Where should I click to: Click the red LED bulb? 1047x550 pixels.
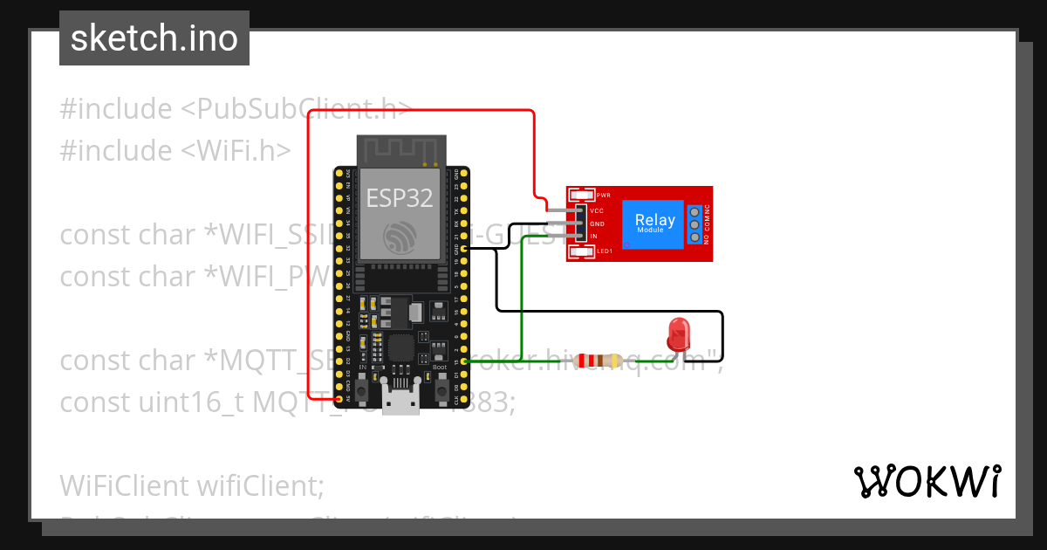tap(678, 333)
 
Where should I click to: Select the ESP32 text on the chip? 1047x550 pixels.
tap(400, 198)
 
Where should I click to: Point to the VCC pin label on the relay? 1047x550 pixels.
tap(597, 210)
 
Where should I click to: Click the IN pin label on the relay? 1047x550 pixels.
tap(593, 237)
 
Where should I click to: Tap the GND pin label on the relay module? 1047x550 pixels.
tap(597, 223)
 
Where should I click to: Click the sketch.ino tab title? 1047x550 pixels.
tap(154, 38)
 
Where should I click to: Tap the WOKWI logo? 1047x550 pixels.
tap(927, 481)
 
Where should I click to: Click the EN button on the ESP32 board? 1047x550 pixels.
tap(363, 382)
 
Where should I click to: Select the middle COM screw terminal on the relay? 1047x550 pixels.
tap(695, 224)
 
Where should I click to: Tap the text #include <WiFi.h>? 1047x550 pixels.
tap(175, 150)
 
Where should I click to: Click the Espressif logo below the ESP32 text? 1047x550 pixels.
tap(400, 237)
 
